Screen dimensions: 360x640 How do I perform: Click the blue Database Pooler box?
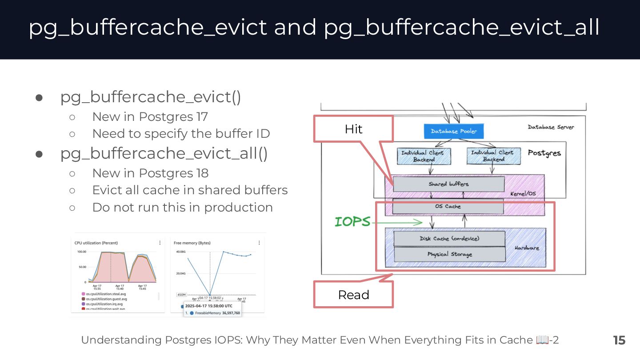click(453, 131)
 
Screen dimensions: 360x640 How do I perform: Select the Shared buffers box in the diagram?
click(448, 184)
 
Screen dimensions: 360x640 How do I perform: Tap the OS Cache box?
click(448, 206)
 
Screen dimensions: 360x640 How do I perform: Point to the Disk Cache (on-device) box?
click(449, 239)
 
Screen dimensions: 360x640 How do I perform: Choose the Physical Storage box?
click(449, 254)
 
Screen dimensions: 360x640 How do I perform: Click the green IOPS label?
click(352, 221)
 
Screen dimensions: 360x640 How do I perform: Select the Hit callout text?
click(353, 129)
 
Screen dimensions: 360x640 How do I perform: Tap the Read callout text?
click(353, 295)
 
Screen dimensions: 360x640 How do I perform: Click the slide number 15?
click(619, 340)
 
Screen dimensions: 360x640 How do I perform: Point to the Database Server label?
click(551, 127)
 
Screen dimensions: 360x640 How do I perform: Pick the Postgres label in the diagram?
click(544, 153)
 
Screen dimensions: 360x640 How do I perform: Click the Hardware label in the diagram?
click(527, 248)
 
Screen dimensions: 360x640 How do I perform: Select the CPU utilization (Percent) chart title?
click(96, 243)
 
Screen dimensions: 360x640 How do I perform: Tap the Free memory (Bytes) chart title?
click(192, 243)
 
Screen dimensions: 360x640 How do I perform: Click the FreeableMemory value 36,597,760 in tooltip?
click(231, 313)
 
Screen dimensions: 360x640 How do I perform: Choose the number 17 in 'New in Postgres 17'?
click(201, 116)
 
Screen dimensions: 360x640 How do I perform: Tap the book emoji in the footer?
click(542, 340)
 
